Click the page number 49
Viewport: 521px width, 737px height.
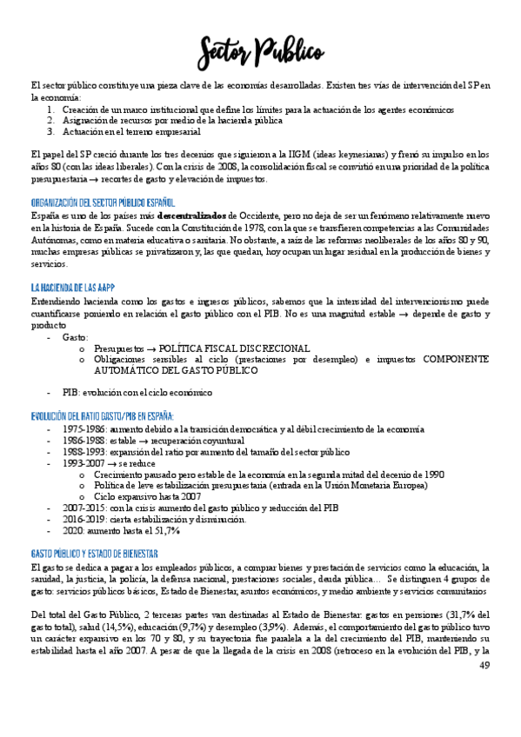pos(484,665)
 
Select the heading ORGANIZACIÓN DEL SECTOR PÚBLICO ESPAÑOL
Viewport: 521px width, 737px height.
pos(108,202)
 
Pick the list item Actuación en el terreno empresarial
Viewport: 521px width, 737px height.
pos(130,132)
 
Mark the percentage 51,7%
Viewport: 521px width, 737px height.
pos(164,530)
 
